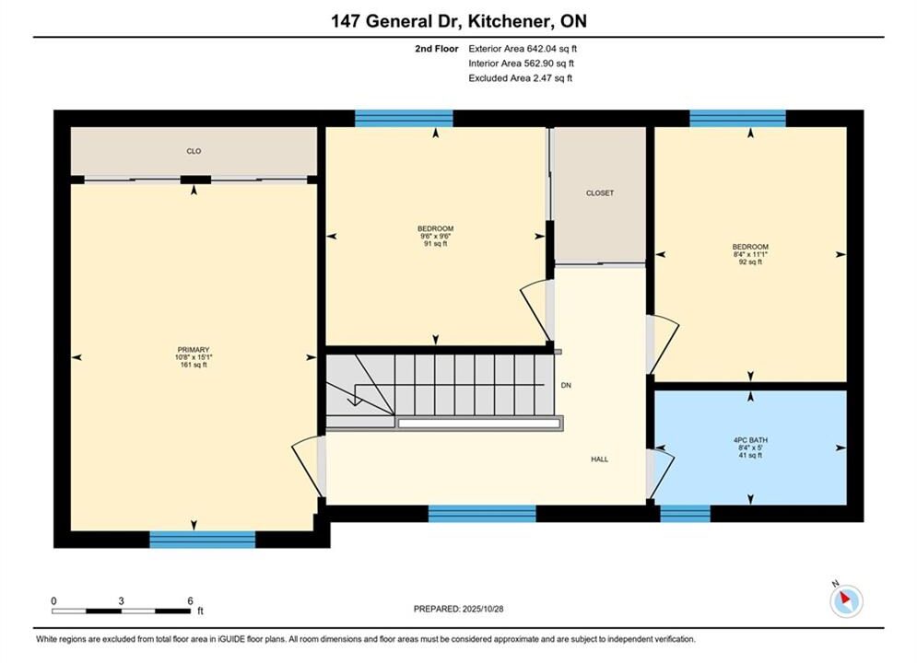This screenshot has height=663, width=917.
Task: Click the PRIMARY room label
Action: point(193,350)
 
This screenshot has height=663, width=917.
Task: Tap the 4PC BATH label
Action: point(750,440)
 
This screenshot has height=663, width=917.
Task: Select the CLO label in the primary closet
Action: point(194,151)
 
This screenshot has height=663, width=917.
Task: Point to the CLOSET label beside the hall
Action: point(600,192)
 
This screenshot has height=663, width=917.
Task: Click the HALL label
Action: point(599,459)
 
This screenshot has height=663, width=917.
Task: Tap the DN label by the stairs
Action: point(566,386)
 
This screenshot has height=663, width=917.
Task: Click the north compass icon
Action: point(846,599)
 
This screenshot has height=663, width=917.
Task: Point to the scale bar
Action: point(121,611)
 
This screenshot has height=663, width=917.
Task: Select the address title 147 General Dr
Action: point(398,21)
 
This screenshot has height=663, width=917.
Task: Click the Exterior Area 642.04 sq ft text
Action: point(523,49)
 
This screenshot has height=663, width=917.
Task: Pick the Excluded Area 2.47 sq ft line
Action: point(521,77)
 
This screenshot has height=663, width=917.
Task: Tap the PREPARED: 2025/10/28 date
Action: point(459,609)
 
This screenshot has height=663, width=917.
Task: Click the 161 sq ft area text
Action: point(194,365)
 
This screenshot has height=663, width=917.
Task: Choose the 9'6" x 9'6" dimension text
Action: point(436,236)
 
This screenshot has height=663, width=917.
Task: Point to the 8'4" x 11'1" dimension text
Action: point(750,255)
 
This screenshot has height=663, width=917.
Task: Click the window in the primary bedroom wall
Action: point(203,540)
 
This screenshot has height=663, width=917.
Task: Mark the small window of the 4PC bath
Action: point(686,514)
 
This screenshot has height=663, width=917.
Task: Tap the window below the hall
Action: point(482,514)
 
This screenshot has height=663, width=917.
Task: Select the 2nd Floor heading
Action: point(437,49)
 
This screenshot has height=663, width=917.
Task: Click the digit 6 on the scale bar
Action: point(190,600)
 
